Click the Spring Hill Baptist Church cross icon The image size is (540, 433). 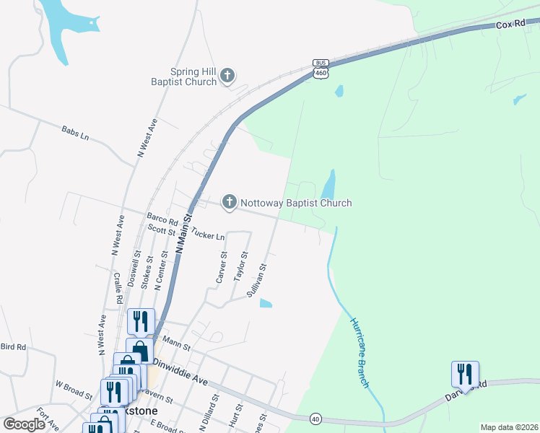[227, 76]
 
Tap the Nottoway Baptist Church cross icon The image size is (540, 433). [230, 203]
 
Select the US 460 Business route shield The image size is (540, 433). [321, 69]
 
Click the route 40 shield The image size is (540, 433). [315, 418]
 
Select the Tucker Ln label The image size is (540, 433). [209, 235]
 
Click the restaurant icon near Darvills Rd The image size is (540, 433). [465, 375]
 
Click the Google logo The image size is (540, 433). [24, 424]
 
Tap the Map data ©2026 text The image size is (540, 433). [509, 427]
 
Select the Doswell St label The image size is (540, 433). [133, 269]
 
